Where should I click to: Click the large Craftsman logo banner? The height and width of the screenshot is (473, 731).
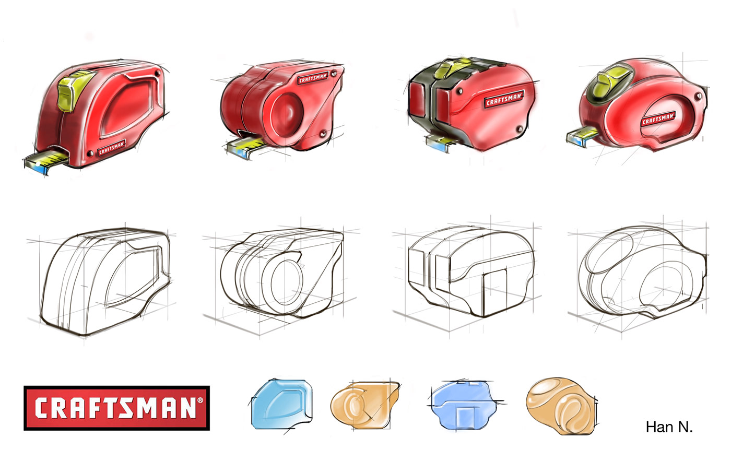pyautogui.click(x=116, y=408)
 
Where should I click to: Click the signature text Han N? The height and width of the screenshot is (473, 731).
pyautogui.click(x=669, y=427)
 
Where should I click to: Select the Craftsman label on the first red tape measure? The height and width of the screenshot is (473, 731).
pyautogui.click(x=112, y=148)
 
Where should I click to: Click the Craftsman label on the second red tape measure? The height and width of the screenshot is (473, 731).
pyautogui.click(x=313, y=78)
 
